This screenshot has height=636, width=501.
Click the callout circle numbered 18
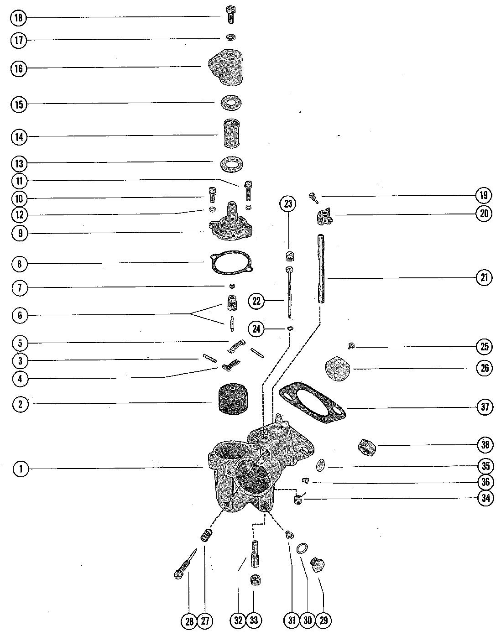click(x=18, y=18)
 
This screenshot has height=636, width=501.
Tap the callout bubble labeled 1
click(x=21, y=469)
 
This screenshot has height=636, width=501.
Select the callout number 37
click(x=485, y=407)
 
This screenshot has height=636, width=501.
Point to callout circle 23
click(x=288, y=203)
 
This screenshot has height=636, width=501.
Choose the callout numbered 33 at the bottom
click(x=254, y=620)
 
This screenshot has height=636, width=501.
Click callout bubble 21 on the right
click(x=485, y=277)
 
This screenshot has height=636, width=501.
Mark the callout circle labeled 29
click(x=324, y=620)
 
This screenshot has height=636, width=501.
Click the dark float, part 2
click(x=231, y=400)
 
